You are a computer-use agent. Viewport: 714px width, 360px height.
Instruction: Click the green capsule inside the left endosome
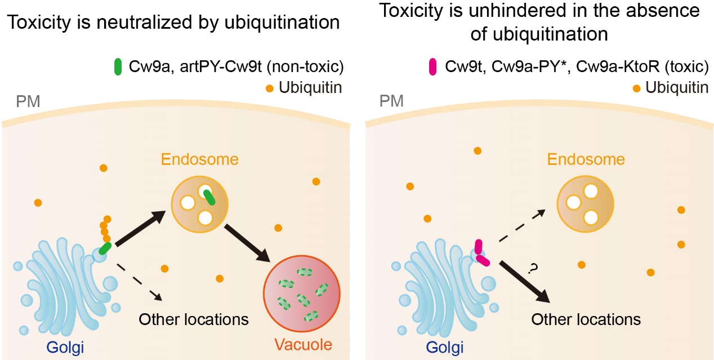click(209, 197)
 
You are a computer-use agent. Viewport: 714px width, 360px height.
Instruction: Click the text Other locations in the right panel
click(586, 319)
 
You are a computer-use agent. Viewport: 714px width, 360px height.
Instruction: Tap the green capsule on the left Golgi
click(104, 249)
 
